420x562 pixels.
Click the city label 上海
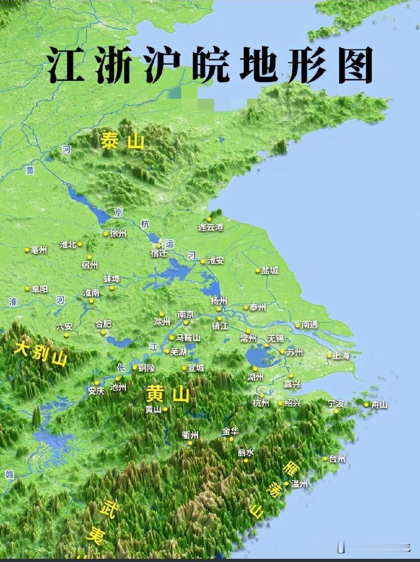pyautogui.click(x=341, y=356)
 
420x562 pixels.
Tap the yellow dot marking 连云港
pyautogui.click(x=209, y=219)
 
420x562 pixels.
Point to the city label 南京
pyautogui.click(x=186, y=315)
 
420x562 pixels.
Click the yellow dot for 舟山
pyautogui.click(x=366, y=404)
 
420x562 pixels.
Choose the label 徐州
pyautogui.click(x=118, y=234)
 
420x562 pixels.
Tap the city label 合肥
pyautogui.click(x=103, y=324)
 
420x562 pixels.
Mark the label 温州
pyautogui.click(x=300, y=483)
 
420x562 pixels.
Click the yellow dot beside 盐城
pyautogui.click(x=258, y=270)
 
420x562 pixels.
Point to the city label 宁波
pyautogui.click(x=335, y=403)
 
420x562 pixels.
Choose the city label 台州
pyautogui.click(x=337, y=459)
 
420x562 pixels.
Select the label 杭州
pyautogui.click(x=261, y=403)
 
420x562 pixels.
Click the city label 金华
pyautogui.click(x=231, y=431)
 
